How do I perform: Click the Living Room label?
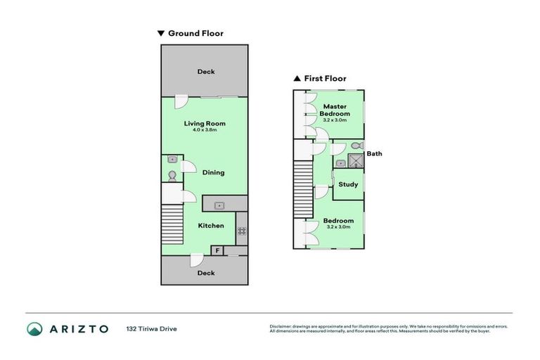tap(205, 123)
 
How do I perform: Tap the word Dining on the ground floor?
tap(213, 172)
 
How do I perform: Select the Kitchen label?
tap(210, 226)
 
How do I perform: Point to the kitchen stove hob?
tap(241, 230)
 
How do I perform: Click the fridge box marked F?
tap(217, 250)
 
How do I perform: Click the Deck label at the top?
tap(205, 72)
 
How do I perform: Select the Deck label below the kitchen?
tap(205, 273)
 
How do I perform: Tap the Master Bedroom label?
tap(334, 110)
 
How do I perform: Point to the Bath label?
tap(374, 153)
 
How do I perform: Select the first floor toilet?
tap(356, 146)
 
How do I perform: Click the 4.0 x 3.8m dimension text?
tap(205, 130)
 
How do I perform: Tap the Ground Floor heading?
tap(195, 33)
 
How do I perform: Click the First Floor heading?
tap(324, 79)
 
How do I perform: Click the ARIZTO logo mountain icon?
tap(34, 328)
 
